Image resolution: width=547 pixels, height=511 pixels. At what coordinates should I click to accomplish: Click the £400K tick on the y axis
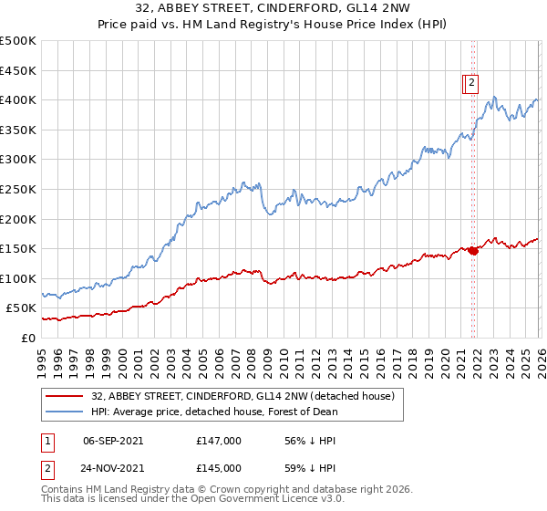18,99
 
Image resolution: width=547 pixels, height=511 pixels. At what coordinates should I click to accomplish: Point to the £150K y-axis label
18,248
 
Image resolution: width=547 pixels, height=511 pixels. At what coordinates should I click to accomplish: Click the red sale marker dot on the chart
473,251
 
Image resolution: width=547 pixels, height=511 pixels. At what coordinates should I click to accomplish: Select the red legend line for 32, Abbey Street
64,396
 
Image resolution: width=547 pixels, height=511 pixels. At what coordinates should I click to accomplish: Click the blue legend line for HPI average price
64,412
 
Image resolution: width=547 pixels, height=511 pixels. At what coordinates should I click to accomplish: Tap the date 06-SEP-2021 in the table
113,440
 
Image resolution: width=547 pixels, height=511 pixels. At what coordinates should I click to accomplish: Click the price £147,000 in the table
219,440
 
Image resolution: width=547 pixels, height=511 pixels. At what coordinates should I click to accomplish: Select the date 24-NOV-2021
113,467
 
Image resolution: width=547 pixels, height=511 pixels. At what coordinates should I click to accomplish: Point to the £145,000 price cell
219,467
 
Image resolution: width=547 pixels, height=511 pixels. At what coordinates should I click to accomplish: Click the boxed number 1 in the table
47,440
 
